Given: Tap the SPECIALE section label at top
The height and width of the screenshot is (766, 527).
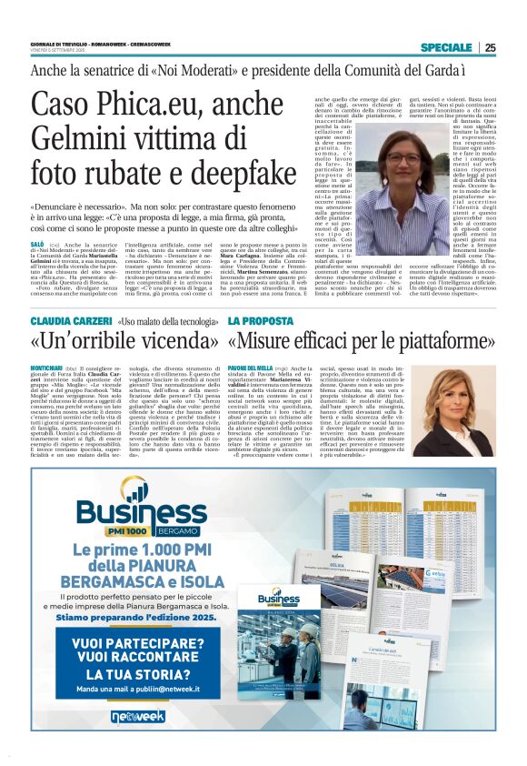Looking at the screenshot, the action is click(446, 47).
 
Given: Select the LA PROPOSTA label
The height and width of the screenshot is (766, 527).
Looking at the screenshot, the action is click(261, 321).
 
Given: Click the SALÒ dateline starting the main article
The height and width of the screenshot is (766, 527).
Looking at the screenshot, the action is click(38, 246).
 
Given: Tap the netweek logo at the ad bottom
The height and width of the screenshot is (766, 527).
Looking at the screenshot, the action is click(138, 716).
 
